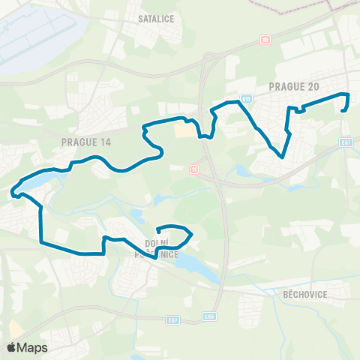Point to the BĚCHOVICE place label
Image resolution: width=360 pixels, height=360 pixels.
tap(304, 295)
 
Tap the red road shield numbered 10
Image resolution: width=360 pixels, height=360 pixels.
tap(265, 38)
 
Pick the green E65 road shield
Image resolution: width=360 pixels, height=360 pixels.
tap(211, 317)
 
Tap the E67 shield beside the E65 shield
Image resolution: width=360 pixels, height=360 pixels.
tap(173, 319)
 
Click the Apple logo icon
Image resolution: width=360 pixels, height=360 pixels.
tap(13, 347)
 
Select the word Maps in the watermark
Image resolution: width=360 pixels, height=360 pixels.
tap(33, 347)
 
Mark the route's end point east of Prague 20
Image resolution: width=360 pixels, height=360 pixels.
tap(343, 109)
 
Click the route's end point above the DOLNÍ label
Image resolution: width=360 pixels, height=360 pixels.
tap(157, 232)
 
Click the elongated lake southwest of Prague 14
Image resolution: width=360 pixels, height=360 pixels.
tap(34, 181)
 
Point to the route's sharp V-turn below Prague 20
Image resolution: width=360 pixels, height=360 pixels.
tap(281, 157)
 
